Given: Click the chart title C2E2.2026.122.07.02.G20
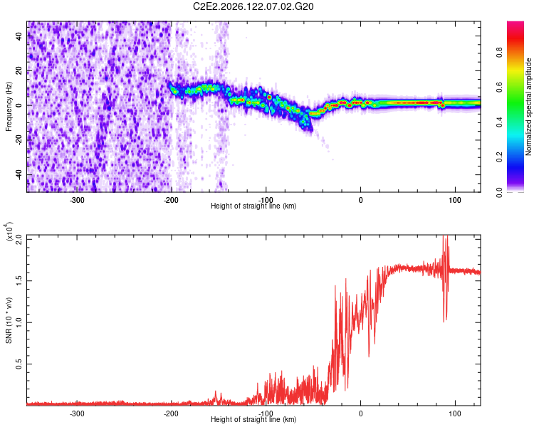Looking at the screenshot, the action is click(253, 6).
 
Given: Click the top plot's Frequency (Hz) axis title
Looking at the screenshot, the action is click(9, 107).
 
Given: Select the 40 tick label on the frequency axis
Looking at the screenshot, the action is click(19, 36).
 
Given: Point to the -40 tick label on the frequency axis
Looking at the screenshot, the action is click(19, 174).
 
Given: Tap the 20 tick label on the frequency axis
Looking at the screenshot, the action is click(19, 71).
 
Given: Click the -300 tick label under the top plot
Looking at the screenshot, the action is click(77, 200).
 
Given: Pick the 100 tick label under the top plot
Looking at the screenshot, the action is click(455, 200).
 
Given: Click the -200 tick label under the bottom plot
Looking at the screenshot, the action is click(171, 413).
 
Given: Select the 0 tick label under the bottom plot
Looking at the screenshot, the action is click(361, 413).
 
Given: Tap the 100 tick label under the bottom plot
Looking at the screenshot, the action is click(455, 413).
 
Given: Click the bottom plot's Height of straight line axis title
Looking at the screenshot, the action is click(253, 419).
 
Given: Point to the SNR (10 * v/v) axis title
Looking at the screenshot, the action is click(9, 320).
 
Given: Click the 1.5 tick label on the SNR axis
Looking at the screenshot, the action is click(19, 281).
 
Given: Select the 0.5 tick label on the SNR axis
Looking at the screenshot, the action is click(19, 364).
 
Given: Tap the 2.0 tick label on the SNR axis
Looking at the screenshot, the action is click(19, 239).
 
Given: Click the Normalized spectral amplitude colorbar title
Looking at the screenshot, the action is click(528, 107).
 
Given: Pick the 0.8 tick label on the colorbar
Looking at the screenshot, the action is click(499, 53).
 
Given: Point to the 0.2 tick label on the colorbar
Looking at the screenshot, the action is click(499, 157).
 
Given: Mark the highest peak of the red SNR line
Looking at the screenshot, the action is click(444, 236).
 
